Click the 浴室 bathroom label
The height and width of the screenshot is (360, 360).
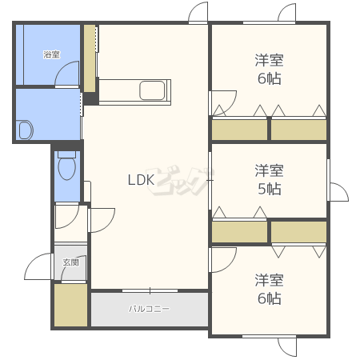(52, 54)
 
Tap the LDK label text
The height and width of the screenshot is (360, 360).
(141, 180)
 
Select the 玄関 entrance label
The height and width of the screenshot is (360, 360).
(71, 262)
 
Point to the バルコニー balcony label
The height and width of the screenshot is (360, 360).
(149, 309)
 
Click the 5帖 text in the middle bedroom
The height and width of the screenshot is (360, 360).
(270, 189)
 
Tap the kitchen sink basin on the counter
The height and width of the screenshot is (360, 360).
(152, 90)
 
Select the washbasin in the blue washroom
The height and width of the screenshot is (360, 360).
(25, 130)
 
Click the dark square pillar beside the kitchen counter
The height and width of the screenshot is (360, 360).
(91, 98)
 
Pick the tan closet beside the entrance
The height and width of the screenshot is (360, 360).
(71, 305)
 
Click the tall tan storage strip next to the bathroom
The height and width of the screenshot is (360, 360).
(90, 58)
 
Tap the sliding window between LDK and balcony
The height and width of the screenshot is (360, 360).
(150, 290)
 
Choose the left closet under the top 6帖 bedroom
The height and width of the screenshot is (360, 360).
(239, 130)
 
